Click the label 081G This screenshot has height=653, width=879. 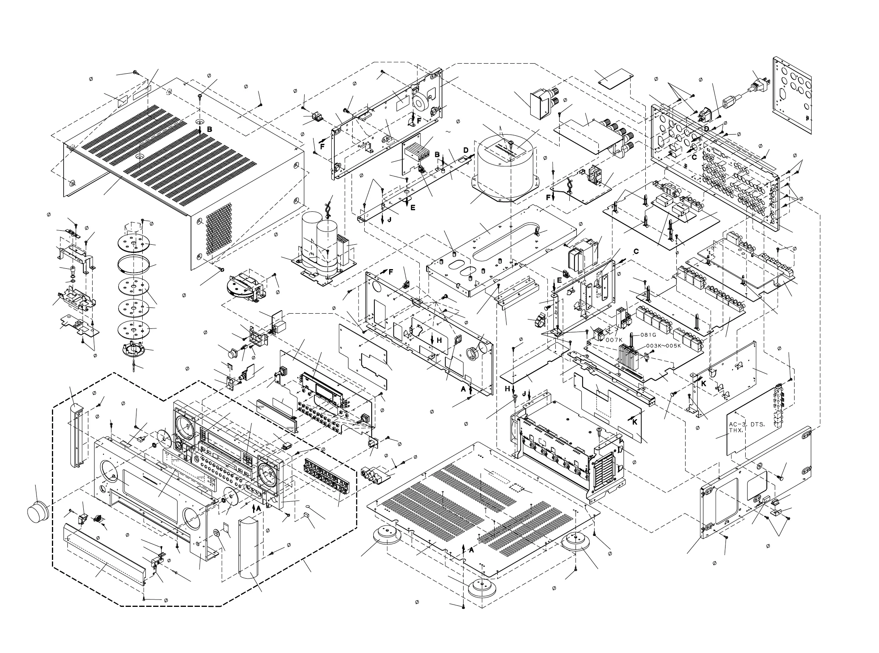tap(648, 335)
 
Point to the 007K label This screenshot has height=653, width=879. tap(614, 340)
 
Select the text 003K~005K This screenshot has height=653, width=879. tap(663, 346)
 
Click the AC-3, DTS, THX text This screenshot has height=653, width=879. tap(747, 427)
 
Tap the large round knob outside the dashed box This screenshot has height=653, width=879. tap(38, 512)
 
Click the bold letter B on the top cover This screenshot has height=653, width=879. tap(209, 129)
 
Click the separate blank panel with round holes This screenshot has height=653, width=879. tap(793, 95)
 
